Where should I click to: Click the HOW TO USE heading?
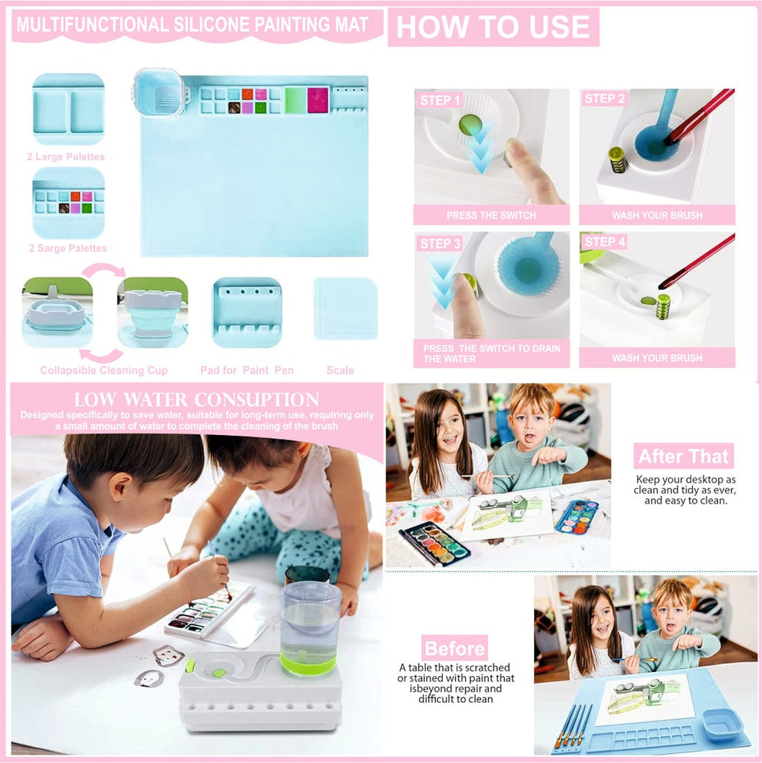click(493, 27)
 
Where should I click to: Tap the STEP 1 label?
click(441, 100)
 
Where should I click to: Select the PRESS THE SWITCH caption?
click(491, 216)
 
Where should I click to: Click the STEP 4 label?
click(605, 243)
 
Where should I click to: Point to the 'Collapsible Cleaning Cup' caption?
click(103, 370)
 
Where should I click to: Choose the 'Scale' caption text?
click(340, 370)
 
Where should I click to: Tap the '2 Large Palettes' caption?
click(66, 157)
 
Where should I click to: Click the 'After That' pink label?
click(683, 456)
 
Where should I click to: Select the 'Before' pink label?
click(454, 648)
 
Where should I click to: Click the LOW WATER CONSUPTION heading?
click(196, 400)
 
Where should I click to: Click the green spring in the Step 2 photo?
click(618, 159)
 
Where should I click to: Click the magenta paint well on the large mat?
click(318, 100)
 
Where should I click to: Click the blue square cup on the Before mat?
click(723, 724)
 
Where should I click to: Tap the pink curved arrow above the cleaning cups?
click(104, 269)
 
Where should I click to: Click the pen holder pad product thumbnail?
click(247, 312)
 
